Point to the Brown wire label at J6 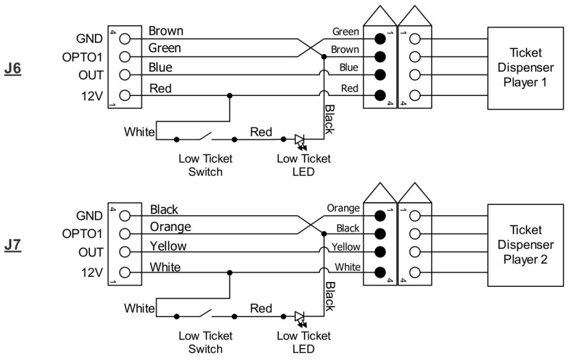[166, 31]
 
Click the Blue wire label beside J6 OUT [161, 67]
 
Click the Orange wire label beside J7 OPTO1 [170, 226]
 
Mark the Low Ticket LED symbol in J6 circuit [300, 141]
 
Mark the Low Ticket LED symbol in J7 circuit [300, 317]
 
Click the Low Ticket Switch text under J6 [205, 165]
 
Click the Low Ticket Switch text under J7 [205, 342]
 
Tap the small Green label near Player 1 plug [345, 31]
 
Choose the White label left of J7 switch [138, 308]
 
